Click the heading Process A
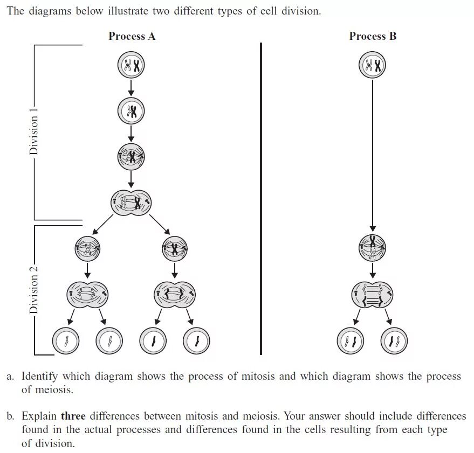132,36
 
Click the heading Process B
373,36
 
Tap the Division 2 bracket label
34,290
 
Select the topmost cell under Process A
131,66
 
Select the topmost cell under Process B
373,66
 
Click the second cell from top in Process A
131,111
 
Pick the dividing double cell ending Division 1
131,203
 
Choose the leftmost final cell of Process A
66,340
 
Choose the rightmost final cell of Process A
196,340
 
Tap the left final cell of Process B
351,340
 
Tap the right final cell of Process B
394,340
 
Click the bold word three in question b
73,416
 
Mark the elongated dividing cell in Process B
373,294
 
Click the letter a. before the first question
10,376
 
